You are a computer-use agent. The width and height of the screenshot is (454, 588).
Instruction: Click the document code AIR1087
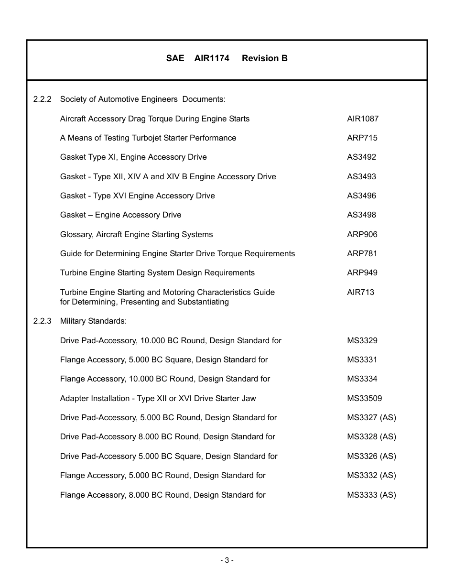coord(362,119)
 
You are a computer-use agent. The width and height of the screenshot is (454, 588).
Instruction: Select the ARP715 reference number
coord(362,138)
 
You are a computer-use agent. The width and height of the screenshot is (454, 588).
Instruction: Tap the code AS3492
coord(361,157)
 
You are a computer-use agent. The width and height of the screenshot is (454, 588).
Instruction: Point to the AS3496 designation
coord(361,196)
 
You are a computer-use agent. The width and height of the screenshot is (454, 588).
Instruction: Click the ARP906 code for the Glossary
coord(362,234)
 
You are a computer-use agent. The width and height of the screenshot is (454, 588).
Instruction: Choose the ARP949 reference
coord(362,272)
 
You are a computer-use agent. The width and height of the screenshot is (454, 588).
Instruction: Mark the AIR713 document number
coord(360,292)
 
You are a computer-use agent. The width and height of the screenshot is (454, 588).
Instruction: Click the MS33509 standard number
coord(364,398)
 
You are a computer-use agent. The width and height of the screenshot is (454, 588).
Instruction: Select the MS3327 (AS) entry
coord(371,417)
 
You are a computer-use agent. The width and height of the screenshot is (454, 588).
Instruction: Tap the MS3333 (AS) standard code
coord(371,495)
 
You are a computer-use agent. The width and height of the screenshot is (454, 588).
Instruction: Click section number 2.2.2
coord(42,99)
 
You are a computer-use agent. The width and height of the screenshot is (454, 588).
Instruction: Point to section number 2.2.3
coord(42,321)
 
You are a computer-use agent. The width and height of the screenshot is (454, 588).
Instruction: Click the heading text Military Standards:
coord(93,321)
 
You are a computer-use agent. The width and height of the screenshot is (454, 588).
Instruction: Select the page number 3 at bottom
coord(227,560)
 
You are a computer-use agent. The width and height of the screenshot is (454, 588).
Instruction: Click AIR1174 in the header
coord(212,58)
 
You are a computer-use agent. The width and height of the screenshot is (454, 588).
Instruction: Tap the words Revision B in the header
coord(264,58)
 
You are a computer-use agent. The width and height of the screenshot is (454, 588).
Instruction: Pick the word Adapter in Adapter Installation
coord(75,398)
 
